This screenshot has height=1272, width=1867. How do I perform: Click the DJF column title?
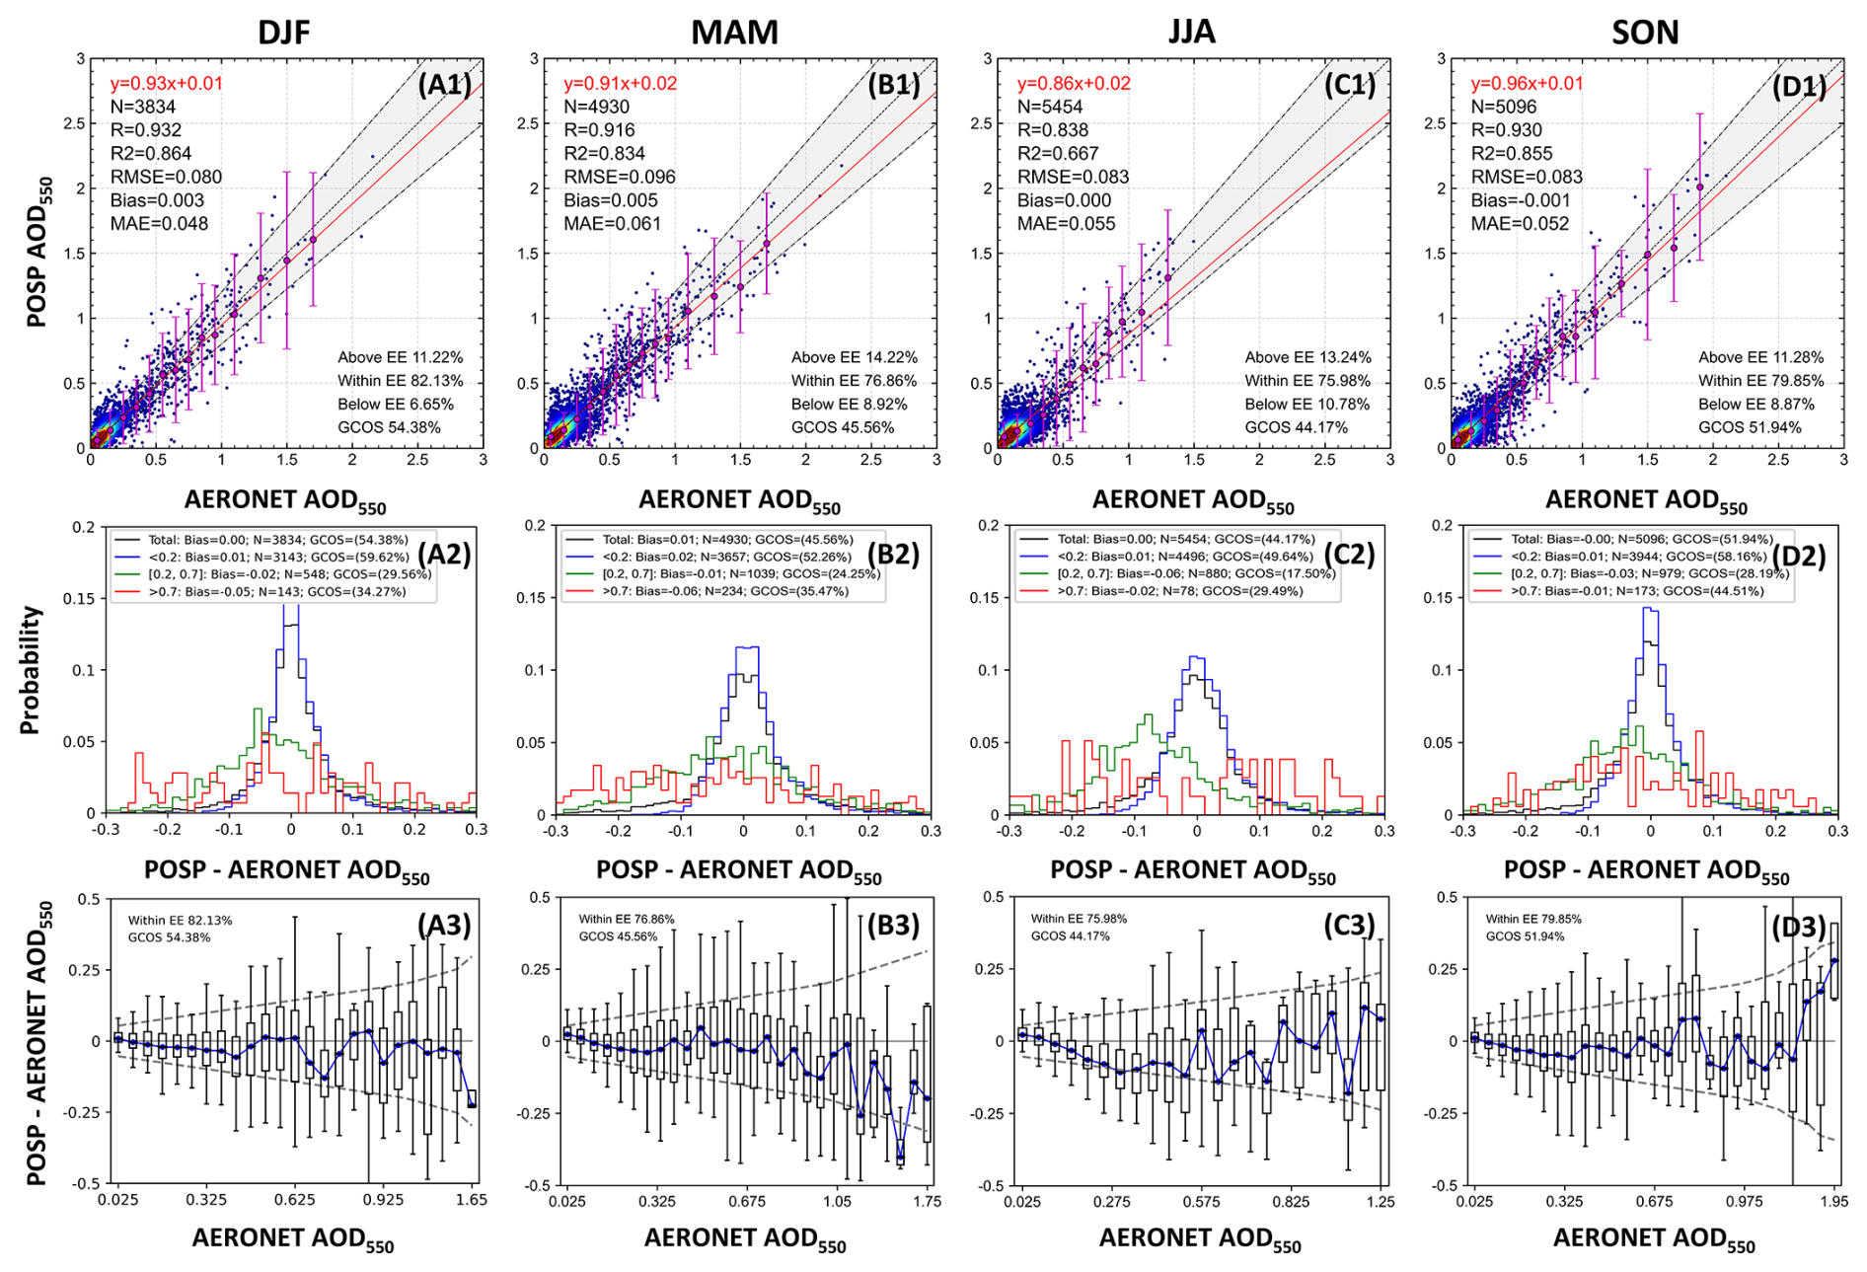pos(284,33)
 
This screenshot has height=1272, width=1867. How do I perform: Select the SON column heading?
pos(1645,33)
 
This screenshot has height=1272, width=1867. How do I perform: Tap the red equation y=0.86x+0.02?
pos(1074,84)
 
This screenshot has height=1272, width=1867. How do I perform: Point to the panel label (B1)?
pos(894,85)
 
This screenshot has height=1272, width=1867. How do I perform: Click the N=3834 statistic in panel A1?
pos(143,107)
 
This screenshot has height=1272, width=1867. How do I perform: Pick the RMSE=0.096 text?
pos(620,177)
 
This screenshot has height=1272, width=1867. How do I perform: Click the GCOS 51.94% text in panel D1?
pos(1750,427)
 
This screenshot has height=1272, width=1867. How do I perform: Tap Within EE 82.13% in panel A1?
pos(400,381)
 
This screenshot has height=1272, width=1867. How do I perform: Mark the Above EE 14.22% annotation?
pos(854,357)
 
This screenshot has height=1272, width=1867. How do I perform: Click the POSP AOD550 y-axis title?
pos(37,253)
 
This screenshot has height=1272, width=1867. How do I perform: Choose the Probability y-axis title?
pos(31,670)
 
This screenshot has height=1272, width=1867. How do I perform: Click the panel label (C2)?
pos(1348,555)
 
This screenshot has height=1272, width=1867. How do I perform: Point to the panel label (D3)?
pos(1799,928)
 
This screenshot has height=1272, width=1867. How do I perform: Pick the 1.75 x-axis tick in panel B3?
pos(927,1201)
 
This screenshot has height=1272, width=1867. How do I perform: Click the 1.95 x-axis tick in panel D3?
pos(1834,1201)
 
